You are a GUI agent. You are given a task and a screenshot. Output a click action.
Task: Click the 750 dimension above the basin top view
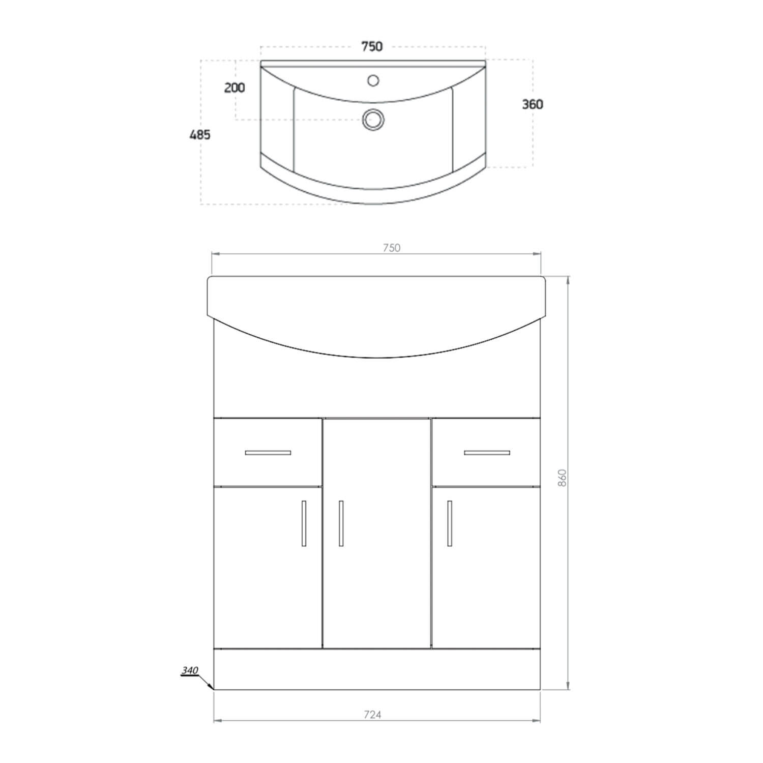tap(372, 47)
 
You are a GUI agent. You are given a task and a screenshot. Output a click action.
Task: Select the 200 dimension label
tap(234, 88)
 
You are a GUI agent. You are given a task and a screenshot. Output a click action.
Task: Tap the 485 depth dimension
tap(200, 135)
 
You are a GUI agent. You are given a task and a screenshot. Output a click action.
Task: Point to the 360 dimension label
tap(533, 104)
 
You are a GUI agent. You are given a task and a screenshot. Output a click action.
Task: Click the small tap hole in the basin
tap(373, 80)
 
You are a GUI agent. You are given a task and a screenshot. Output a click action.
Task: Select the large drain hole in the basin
tap(373, 120)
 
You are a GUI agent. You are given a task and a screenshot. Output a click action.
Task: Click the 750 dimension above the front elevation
tap(392, 248)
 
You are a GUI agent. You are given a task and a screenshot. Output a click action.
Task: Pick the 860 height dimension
tap(562, 478)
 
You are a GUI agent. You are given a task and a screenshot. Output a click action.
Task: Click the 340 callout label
tap(189, 671)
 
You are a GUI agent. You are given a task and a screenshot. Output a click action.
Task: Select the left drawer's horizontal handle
tap(268, 452)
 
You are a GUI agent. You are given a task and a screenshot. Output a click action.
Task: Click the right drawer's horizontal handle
tap(487, 452)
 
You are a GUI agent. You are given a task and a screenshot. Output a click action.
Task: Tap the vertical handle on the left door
tap(304, 523)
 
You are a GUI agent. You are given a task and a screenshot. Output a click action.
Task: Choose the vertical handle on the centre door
tap(341, 523)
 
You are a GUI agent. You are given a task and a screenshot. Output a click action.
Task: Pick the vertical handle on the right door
tap(450, 523)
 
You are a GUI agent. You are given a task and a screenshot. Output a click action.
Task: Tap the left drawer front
tap(268, 468)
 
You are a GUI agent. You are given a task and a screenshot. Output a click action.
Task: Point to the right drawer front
tap(486, 468)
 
